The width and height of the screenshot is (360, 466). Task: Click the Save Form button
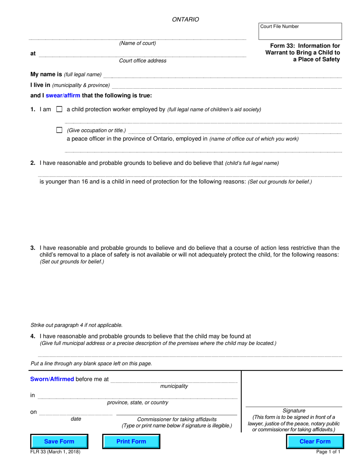(x=59, y=441)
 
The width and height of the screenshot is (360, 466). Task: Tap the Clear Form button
(x=315, y=441)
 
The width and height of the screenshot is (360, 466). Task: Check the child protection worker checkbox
(x=59, y=109)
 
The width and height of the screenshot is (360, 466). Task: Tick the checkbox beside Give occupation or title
(x=59, y=130)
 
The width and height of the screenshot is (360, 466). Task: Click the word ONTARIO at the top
(x=185, y=20)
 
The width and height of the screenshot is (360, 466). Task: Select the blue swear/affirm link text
(x=63, y=95)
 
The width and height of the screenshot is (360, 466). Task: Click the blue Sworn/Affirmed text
(x=52, y=379)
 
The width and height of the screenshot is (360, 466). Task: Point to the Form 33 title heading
(x=302, y=52)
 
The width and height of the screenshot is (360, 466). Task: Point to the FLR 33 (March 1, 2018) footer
(x=55, y=452)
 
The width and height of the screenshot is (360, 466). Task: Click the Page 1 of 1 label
(x=328, y=452)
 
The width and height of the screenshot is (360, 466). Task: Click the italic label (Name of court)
(x=138, y=43)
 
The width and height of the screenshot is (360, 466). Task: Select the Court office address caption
(x=142, y=61)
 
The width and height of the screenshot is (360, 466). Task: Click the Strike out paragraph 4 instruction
(x=77, y=325)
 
